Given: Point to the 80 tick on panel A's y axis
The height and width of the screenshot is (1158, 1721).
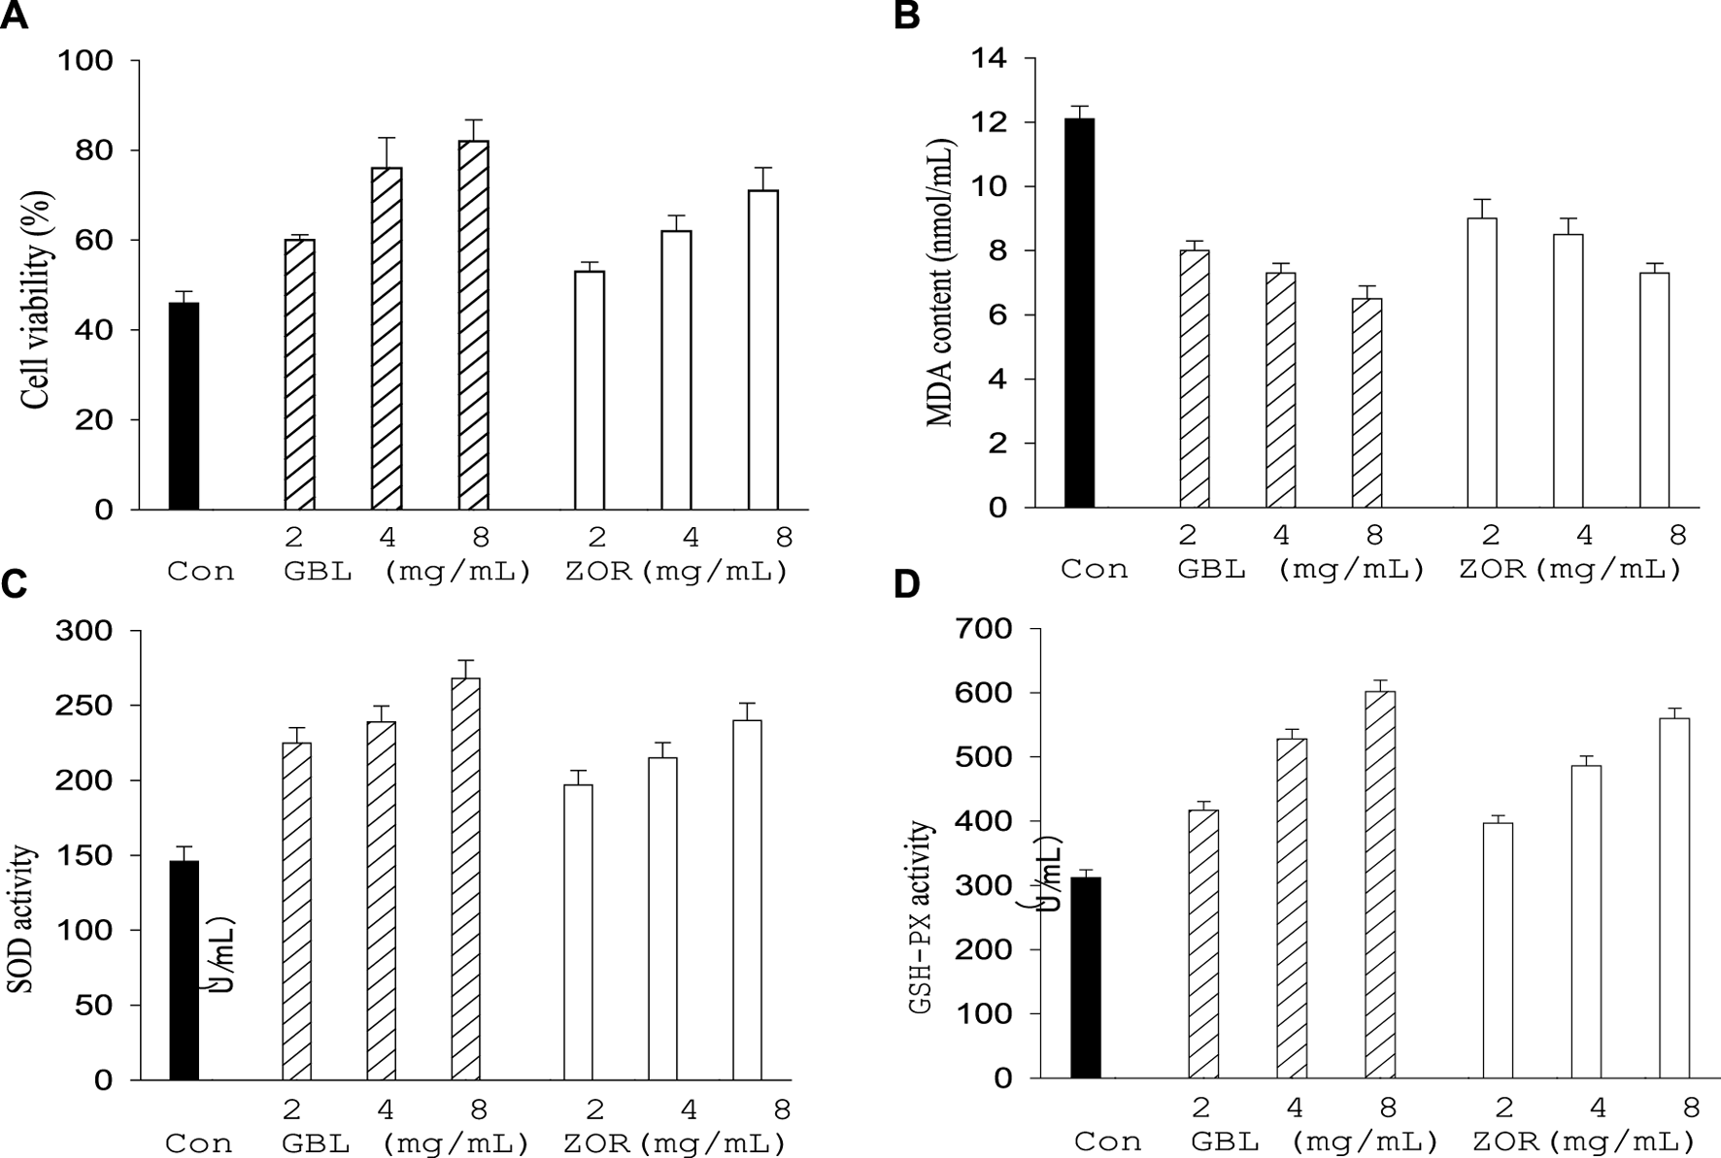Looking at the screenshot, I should tap(97, 150).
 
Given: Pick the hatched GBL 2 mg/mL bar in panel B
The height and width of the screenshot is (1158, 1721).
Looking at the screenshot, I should tap(1195, 379).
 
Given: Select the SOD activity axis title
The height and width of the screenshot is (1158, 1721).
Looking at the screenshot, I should tap(24, 920).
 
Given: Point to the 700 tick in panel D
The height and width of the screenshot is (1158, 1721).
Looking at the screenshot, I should tap(986, 629).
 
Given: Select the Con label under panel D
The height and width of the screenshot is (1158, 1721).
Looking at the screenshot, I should tap(1108, 1141).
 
